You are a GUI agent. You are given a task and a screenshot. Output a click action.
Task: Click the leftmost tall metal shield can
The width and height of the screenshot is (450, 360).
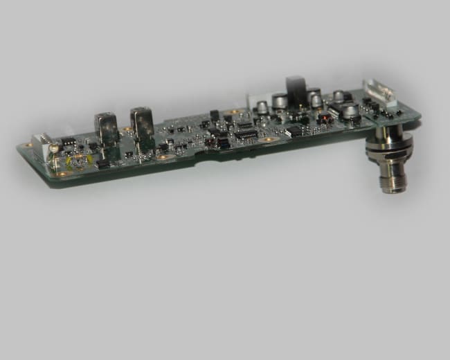pyautogui.click(x=108, y=128)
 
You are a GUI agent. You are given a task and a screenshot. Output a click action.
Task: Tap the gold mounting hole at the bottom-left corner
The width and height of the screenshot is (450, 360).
pyautogui.click(x=62, y=174)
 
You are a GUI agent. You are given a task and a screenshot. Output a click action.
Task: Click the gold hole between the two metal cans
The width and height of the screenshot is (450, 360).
pyautogui.click(x=128, y=130)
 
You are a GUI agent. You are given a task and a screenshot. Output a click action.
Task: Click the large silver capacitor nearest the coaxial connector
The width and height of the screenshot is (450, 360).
pyautogui.click(x=350, y=111)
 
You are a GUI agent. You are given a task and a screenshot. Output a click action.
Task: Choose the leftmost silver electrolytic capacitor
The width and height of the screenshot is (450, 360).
pyautogui.click(x=263, y=107)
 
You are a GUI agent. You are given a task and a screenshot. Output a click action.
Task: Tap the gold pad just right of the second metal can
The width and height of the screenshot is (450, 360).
pyautogui.click(x=162, y=157)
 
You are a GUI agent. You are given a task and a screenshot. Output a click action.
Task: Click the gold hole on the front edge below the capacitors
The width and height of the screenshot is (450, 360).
pyautogui.click(x=269, y=138)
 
